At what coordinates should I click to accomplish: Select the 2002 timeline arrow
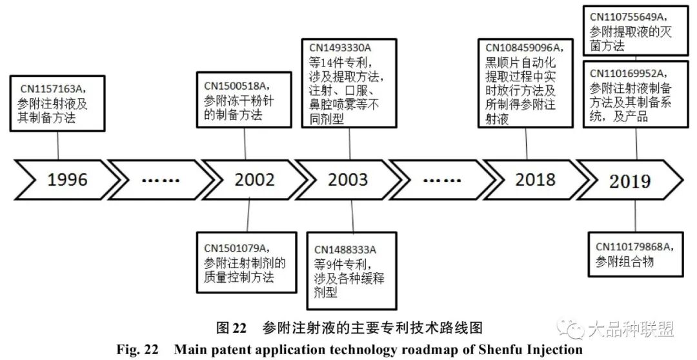[x=254, y=179]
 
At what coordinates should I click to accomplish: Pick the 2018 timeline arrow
[x=530, y=179]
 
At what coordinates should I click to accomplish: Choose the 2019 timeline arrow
[x=630, y=180]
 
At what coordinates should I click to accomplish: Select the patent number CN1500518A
[x=235, y=85]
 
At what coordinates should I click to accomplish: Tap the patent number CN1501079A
[x=236, y=248]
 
